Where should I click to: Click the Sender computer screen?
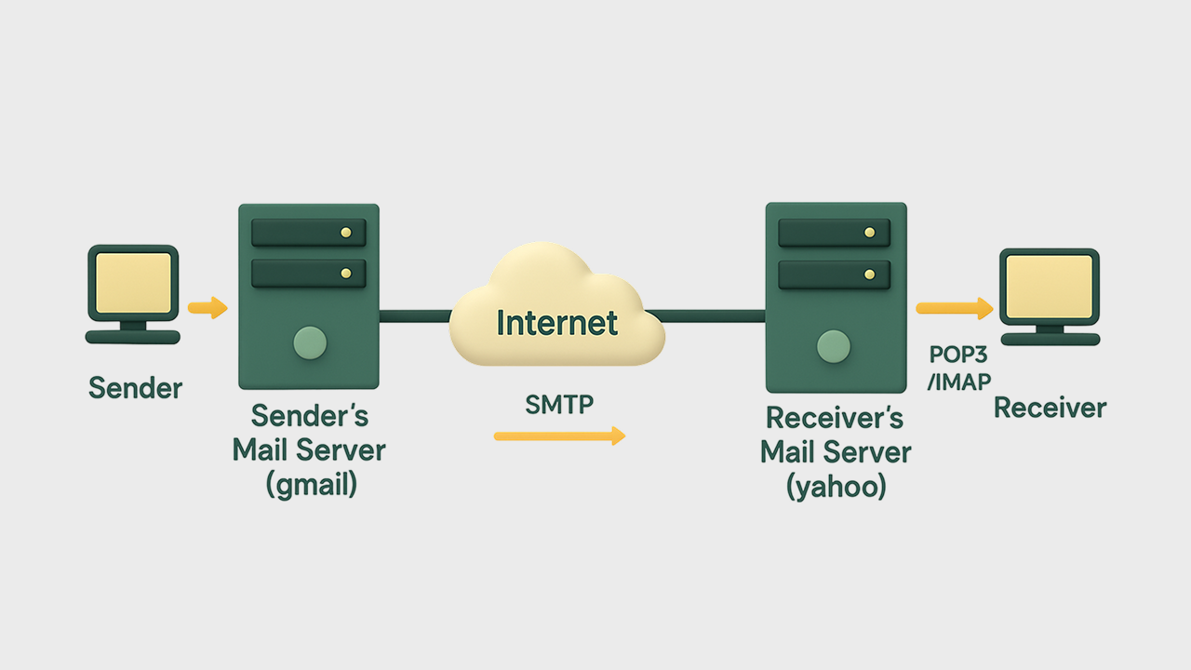tap(133, 280)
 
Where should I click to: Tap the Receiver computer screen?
tap(1049, 284)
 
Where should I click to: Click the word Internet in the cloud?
tap(556, 322)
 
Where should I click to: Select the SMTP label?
tap(559, 405)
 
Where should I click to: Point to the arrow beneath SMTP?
tap(559, 435)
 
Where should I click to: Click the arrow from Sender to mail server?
tap(207, 307)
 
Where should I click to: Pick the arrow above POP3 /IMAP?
tap(954, 308)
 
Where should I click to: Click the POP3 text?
tap(957, 355)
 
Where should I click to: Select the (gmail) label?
tap(311, 485)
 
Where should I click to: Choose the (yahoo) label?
tap(836, 486)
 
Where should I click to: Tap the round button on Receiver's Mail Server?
tap(834, 346)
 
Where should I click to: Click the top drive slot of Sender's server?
tap(308, 233)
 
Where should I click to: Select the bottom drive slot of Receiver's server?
tap(834, 275)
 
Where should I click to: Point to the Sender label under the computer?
tap(136, 388)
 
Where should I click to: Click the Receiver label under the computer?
tap(1050, 408)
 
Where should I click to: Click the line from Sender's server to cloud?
tap(415, 316)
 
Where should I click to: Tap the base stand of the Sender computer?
tap(133, 337)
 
